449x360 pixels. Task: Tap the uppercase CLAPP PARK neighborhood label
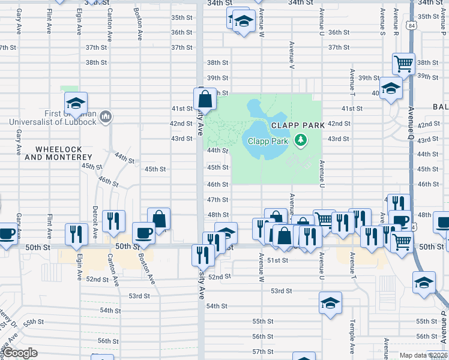(x=298, y=125)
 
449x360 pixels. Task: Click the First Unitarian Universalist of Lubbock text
(x=62, y=118)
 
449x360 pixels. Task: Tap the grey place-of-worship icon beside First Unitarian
(x=106, y=116)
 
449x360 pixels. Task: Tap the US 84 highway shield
(x=410, y=26)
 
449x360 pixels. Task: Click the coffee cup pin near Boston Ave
(x=144, y=233)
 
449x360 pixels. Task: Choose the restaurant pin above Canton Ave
(x=113, y=222)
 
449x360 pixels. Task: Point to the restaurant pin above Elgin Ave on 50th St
(x=76, y=233)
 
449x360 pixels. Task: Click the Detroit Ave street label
(x=95, y=215)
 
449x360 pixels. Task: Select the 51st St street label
(x=278, y=260)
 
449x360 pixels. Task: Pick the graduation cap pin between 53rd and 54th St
(x=330, y=304)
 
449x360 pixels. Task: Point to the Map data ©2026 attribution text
(x=424, y=355)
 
